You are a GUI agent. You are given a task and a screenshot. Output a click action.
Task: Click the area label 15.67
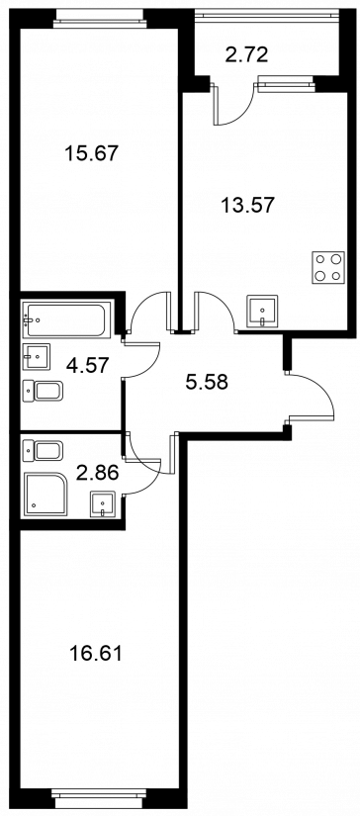[92, 153]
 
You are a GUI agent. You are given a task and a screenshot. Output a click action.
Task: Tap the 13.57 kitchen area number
[246, 205]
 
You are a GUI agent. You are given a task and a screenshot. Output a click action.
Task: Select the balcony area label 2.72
[246, 54]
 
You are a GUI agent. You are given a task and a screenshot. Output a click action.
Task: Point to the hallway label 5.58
[207, 383]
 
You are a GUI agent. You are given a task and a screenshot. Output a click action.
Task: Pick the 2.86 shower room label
[97, 473]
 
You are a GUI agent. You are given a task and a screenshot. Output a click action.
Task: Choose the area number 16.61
[96, 653]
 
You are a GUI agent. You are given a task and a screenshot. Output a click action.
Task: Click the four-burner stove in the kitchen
[328, 267]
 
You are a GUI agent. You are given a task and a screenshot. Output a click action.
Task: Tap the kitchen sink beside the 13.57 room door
[262, 311]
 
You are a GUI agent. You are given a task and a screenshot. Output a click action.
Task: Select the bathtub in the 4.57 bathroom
[66, 317]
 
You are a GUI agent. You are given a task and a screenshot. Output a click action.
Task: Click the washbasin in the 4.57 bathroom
[37, 357]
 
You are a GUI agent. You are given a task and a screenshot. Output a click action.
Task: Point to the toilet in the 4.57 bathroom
[43, 391]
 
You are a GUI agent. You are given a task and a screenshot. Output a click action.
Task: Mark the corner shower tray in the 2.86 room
[45, 494]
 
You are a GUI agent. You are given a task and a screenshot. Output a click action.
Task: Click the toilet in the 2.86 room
[43, 450]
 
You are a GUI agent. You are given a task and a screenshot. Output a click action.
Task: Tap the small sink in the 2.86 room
[102, 503]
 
